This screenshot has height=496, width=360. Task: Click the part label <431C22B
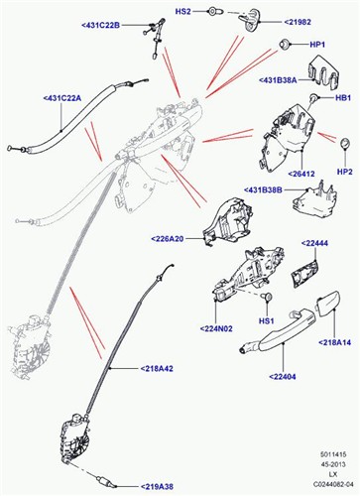tap(100, 25)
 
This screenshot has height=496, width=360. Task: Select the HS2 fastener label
tap(182, 12)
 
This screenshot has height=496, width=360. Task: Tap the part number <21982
tap(298, 22)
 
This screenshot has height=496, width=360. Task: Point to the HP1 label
tap(317, 45)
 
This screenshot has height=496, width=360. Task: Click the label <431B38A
tap(278, 80)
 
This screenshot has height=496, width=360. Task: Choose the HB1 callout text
tap(343, 98)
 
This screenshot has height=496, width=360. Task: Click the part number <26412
tap(301, 174)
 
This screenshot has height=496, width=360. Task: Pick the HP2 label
tap(345, 172)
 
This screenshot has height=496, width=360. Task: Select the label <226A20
tap(167, 238)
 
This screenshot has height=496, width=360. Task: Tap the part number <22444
tap(314, 243)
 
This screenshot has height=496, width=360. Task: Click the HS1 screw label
tap(266, 320)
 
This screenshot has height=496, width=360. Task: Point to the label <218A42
tap(157, 369)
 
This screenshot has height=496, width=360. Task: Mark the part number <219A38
tap(157, 486)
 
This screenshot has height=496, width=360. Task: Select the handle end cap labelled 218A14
tap(327, 304)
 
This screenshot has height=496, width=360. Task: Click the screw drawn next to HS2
tap(212, 12)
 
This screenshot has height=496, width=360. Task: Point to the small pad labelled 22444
tap(304, 272)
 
